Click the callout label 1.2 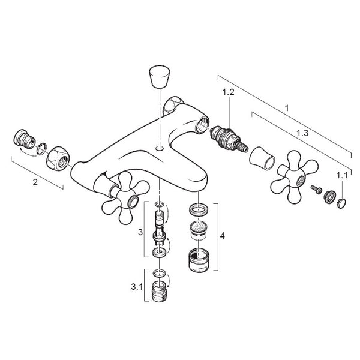(x=228, y=92)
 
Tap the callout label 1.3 (x=302, y=133)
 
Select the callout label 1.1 (x=342, y=176)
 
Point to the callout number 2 (x=35, y=182)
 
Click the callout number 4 (x=222, y=236)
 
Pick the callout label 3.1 (x=137, y=287)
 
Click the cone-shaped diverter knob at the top (x=160, y=77)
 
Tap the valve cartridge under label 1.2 (x=229, y=139)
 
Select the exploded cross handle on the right (x=295, y=177)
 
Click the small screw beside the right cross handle (x=316, y=189)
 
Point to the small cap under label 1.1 (x=341, y=203)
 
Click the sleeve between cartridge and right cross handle (x=262, y=158)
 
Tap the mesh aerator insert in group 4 (x=199, y=230)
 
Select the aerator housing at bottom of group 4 (x=199, y=260)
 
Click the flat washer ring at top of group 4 (x=199, y=209)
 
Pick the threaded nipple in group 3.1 (x=160, y=291)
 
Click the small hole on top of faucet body (x=160, y=148)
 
